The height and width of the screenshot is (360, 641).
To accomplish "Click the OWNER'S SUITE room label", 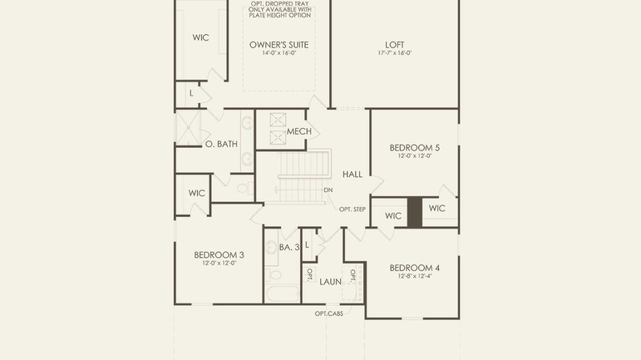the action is pos(279,44).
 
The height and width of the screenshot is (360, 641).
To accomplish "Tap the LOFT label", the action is pos(394,44).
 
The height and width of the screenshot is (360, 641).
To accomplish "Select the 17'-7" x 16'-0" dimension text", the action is pos(394,53).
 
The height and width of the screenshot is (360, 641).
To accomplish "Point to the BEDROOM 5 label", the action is pos(415,148).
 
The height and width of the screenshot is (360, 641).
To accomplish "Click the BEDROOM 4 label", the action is pos(415,268).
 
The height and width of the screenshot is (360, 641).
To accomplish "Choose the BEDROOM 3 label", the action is pos(219,255).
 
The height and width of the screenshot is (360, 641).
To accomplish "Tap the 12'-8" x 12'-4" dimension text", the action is pos(415,276).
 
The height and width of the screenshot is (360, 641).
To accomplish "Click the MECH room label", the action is pos(299,131).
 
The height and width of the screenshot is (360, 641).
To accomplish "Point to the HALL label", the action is pos(352,175).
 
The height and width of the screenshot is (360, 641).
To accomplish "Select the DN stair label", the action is pos(328,190).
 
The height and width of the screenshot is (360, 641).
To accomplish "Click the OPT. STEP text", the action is pos(352,209).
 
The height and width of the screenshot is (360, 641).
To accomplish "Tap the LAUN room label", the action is pos(330,281).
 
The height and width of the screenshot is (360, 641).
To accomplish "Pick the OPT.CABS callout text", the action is pos(329,314).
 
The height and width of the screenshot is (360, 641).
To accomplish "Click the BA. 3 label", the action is pos(289,247).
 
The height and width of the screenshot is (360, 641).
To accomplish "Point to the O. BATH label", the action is pos(221,144).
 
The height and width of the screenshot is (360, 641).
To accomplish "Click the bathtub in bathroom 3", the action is pos(282,294).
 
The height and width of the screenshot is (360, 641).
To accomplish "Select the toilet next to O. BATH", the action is pos(244,188).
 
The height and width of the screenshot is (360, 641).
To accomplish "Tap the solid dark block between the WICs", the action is pos(415,212).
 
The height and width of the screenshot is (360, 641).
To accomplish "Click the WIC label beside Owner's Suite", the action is pos(201,38).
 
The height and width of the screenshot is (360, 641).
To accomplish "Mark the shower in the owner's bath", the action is pos(188,128).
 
